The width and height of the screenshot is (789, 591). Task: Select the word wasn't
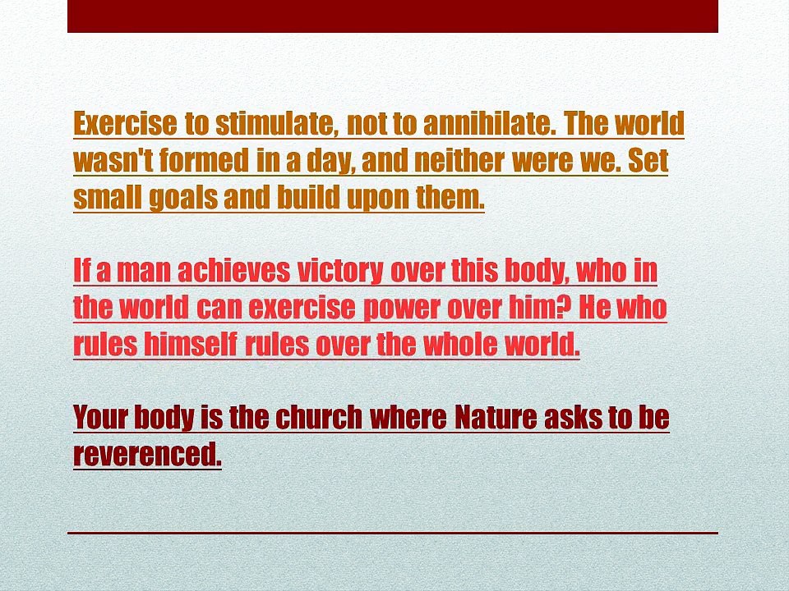point(113,161)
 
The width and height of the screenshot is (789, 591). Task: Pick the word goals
point(183,198)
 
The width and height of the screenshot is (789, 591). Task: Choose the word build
point(309,197)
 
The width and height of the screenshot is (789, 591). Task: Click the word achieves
point(234,270)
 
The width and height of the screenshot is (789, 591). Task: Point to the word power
point(402,309)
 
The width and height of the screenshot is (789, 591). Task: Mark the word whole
point(460,344)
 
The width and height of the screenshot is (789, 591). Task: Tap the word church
point(319,417)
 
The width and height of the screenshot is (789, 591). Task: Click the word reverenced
point(147,454)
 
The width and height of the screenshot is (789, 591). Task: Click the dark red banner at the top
point(393,16)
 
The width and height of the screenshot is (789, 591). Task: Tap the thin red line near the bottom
point(393,533)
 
